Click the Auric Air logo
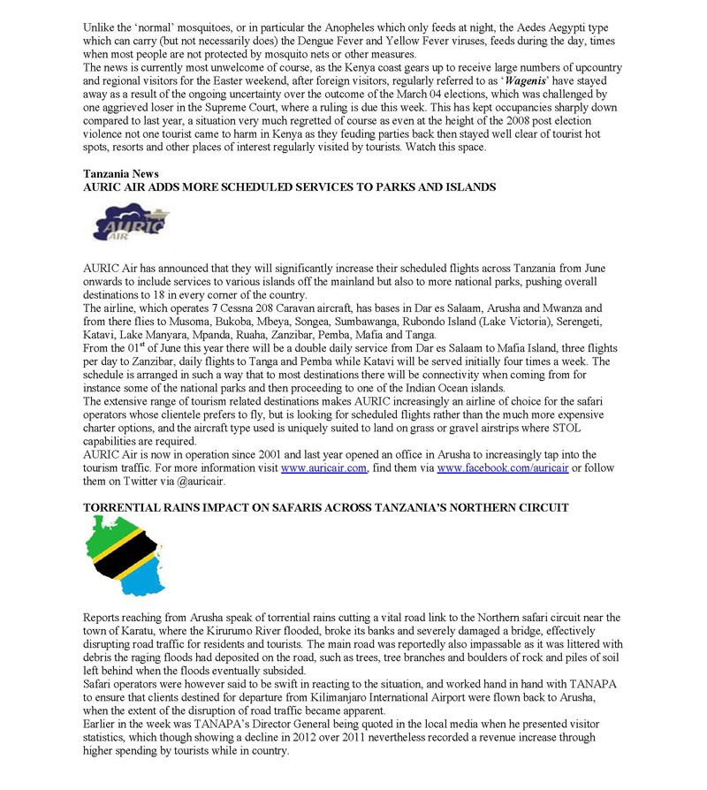pos(131,223)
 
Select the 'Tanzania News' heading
pos(121,174)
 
